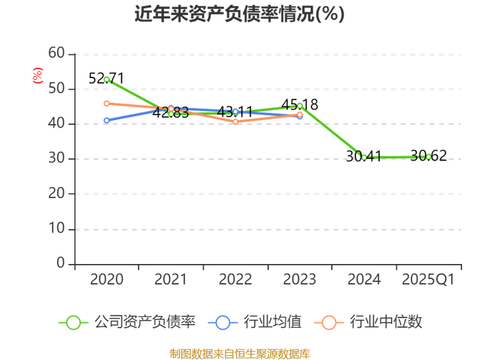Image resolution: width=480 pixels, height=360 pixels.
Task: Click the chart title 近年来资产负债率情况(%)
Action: (239, 14)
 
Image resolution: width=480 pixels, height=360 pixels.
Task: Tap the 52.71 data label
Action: (106, 78)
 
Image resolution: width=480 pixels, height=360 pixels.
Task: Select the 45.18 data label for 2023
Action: (300, 104)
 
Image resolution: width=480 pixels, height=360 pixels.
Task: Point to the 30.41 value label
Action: (363, 156)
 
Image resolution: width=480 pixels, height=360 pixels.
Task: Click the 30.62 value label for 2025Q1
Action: (429, 156)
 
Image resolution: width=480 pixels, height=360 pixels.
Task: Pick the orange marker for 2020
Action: (106, 104)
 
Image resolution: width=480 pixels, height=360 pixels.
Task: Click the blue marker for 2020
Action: (106, 120)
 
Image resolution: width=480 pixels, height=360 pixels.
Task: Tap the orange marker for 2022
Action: (235, 122)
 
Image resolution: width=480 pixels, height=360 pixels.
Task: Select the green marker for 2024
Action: (364, 158)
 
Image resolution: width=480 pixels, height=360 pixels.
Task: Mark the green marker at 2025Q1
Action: (429, 157)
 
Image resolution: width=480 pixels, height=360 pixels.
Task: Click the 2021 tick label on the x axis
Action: (171, 279)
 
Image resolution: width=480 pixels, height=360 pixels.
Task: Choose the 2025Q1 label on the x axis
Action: (429, 279)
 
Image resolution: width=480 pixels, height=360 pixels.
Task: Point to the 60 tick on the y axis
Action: (56, 53)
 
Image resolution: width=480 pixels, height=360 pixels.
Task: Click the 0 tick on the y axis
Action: (60, 263)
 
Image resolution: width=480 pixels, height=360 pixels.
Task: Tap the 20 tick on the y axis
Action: (56, 193)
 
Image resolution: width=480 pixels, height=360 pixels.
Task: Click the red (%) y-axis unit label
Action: (38, 75)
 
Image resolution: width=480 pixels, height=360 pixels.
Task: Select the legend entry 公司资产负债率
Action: (127, 322)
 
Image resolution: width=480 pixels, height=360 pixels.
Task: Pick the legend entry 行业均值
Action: (254, 322)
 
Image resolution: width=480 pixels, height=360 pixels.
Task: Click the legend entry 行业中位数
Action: (368, 322)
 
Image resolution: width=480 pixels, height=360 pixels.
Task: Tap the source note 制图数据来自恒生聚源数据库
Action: (240, 354)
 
